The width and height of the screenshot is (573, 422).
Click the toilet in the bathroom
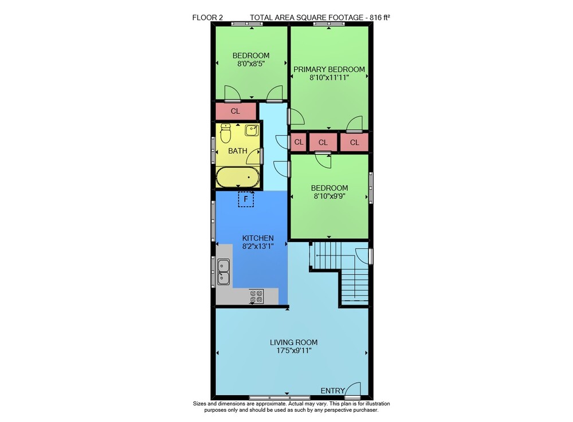(x=226, y=133)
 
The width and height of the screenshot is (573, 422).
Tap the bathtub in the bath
(x=238, y=177)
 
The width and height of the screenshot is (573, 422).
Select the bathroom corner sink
(x=252, y=130)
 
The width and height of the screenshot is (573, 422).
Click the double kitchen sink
(x=223, y=272)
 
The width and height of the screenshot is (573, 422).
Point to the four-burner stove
(x=256, y=296)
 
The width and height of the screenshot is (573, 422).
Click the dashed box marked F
(x=246, y=199)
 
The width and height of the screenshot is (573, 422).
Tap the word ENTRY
(x=332, y=391)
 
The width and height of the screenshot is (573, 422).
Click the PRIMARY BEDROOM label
(x=329, y=69)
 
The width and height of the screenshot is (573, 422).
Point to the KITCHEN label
(x=258, y=238)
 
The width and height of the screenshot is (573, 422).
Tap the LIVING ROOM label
(x=294, y=342)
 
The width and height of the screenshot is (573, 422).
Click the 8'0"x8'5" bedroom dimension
(x=251, y=64)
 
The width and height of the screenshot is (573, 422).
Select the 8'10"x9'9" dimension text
(x=329, y=196)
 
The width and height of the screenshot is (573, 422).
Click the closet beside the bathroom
(x=236, y=111)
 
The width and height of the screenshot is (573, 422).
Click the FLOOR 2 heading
(x=207, y=17)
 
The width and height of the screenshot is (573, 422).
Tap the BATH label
(x=238, y=151)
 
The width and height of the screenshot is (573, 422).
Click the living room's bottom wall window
(x=280, y=397)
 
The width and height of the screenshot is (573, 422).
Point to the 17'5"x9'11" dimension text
(x=294, y=350)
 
